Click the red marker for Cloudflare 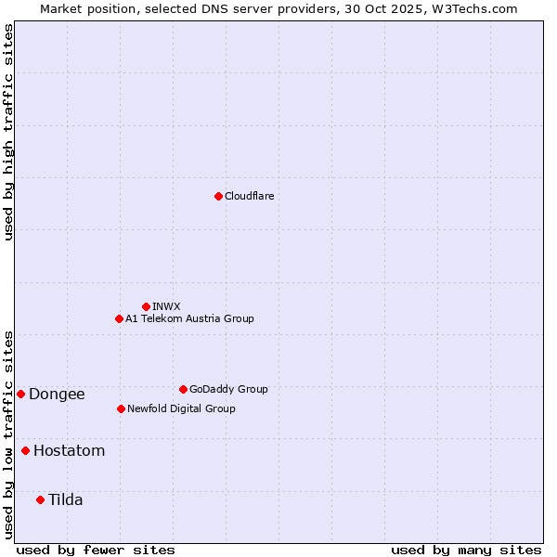218,196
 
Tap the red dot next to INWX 146,306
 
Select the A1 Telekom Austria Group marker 119,318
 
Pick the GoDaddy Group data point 183,389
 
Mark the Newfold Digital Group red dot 121,408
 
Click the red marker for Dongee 20,394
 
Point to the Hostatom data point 25,450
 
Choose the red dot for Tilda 40,499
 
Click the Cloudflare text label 249,196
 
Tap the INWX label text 166,306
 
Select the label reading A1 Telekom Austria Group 189,318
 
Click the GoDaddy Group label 228,389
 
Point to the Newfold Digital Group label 181,408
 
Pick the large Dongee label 57,394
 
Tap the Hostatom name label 69,451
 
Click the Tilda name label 65,499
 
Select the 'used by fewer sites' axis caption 96,550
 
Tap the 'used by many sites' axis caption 466,550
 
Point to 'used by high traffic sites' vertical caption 8,132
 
